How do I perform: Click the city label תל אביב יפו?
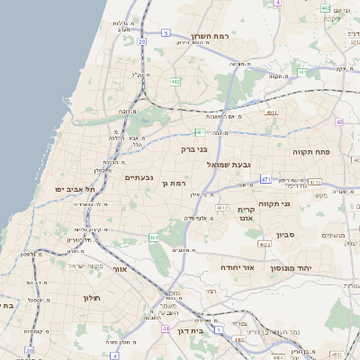coord(75,190)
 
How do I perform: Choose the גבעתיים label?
coord(139,177)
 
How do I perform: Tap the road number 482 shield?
coord(175,82)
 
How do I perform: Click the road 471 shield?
coord(265,179)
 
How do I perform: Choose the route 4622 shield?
coord(264,244)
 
